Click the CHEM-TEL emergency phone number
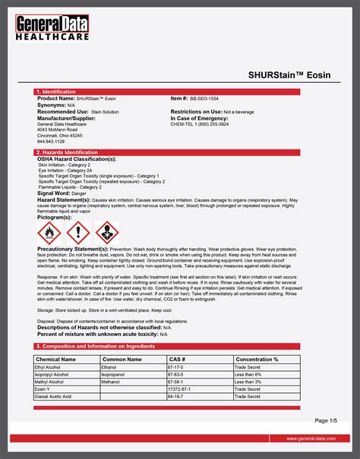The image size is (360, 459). pyautogui.click(x=200, y=124)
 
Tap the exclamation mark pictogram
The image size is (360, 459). pyautogui.click(x=79, y=231)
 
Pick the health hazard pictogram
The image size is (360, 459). pyautogui.click(x=108, y=231)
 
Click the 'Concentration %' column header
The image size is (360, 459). pyautogui.click(x=257, y=359)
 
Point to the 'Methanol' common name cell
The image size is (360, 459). pyautogui.click(x=114, y=382)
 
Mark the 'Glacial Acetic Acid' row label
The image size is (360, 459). pyautogui.click(x=54, y=396)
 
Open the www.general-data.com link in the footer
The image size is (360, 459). pyautogui.click(x=312, y=439)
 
